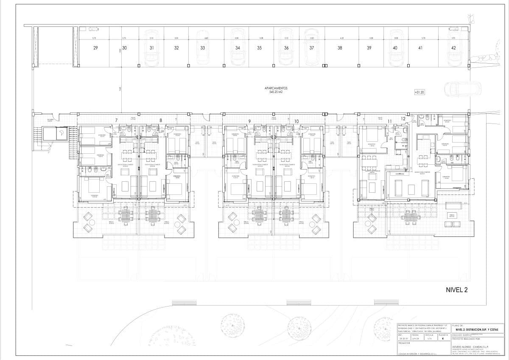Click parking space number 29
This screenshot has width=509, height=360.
pyautogui.click(x=95, y=48)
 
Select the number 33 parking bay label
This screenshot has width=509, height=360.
pyautogui.click(x=203, y=48)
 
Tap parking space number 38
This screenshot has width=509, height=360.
pyautogui.click(x=340, y=48)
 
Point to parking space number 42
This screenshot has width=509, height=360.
pyautogui.click(x=453, y=48)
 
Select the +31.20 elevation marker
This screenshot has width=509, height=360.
pyautogui.click(x=420, y=91)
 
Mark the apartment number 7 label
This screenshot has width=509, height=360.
pyautogui.click(x=116, y=121)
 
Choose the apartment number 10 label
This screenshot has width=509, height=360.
pyautogui.click(x=296, y=121)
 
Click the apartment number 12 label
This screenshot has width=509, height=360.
pyautogui.click(x=403, y=119)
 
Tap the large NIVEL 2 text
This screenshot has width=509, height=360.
pyautogui.click(x=457, y=290)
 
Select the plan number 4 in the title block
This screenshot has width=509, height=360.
pyautogui.click(x=442, y=338)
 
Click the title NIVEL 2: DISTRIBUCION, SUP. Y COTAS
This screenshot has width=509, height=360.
pyautogui.click(x=477, y=329)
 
